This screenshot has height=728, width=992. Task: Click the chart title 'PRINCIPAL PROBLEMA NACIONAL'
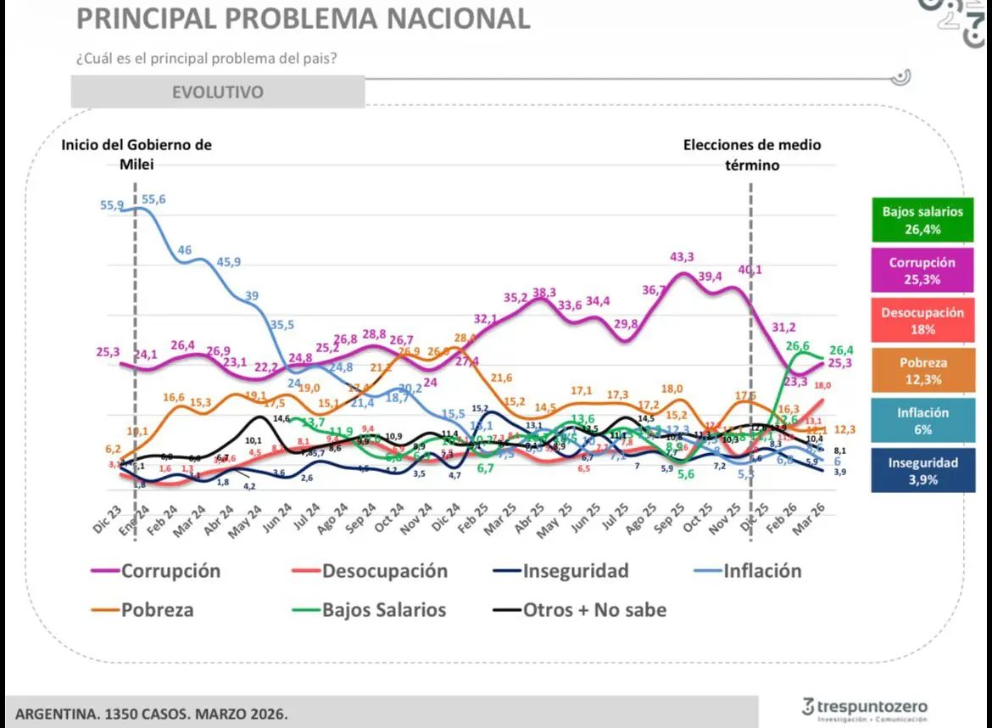click(x=304, y=18)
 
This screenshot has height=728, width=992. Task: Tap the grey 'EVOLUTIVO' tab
click(x=218, y=92)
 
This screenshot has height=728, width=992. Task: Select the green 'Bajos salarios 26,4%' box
click(x=922, y=221)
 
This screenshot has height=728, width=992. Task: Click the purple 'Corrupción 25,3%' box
click(x=922, y=271)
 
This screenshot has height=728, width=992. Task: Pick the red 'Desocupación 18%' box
click(x=922, y=321)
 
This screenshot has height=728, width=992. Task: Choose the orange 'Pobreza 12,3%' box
click(x=922, y=371)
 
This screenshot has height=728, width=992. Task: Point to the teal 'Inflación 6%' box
click(x=922, y=421)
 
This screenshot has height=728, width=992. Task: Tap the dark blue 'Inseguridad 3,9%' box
click(x=922, y=471)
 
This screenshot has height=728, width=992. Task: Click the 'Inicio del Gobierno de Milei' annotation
click(x=137, y=154)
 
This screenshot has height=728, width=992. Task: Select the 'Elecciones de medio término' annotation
click(x=752, y=154)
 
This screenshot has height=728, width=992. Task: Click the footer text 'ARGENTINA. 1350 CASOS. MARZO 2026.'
click(x=151, y=714)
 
